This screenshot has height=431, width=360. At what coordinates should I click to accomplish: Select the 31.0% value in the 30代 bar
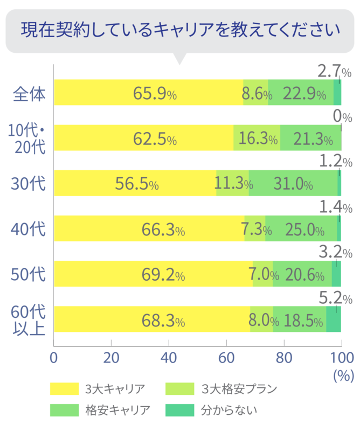pos(293,184)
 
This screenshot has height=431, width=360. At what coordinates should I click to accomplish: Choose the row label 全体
pos(29,93)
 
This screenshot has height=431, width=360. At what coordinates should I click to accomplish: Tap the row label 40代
pos(29,230)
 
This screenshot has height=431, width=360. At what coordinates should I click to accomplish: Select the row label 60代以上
pos(29,319)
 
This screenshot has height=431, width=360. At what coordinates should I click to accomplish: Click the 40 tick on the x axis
pos(169,358)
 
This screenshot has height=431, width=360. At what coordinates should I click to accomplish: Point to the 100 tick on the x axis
pos(341,358)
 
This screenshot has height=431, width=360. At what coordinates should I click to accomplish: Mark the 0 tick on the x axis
pos(53,358)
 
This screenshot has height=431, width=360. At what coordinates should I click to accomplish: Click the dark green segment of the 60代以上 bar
pos(334,319)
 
